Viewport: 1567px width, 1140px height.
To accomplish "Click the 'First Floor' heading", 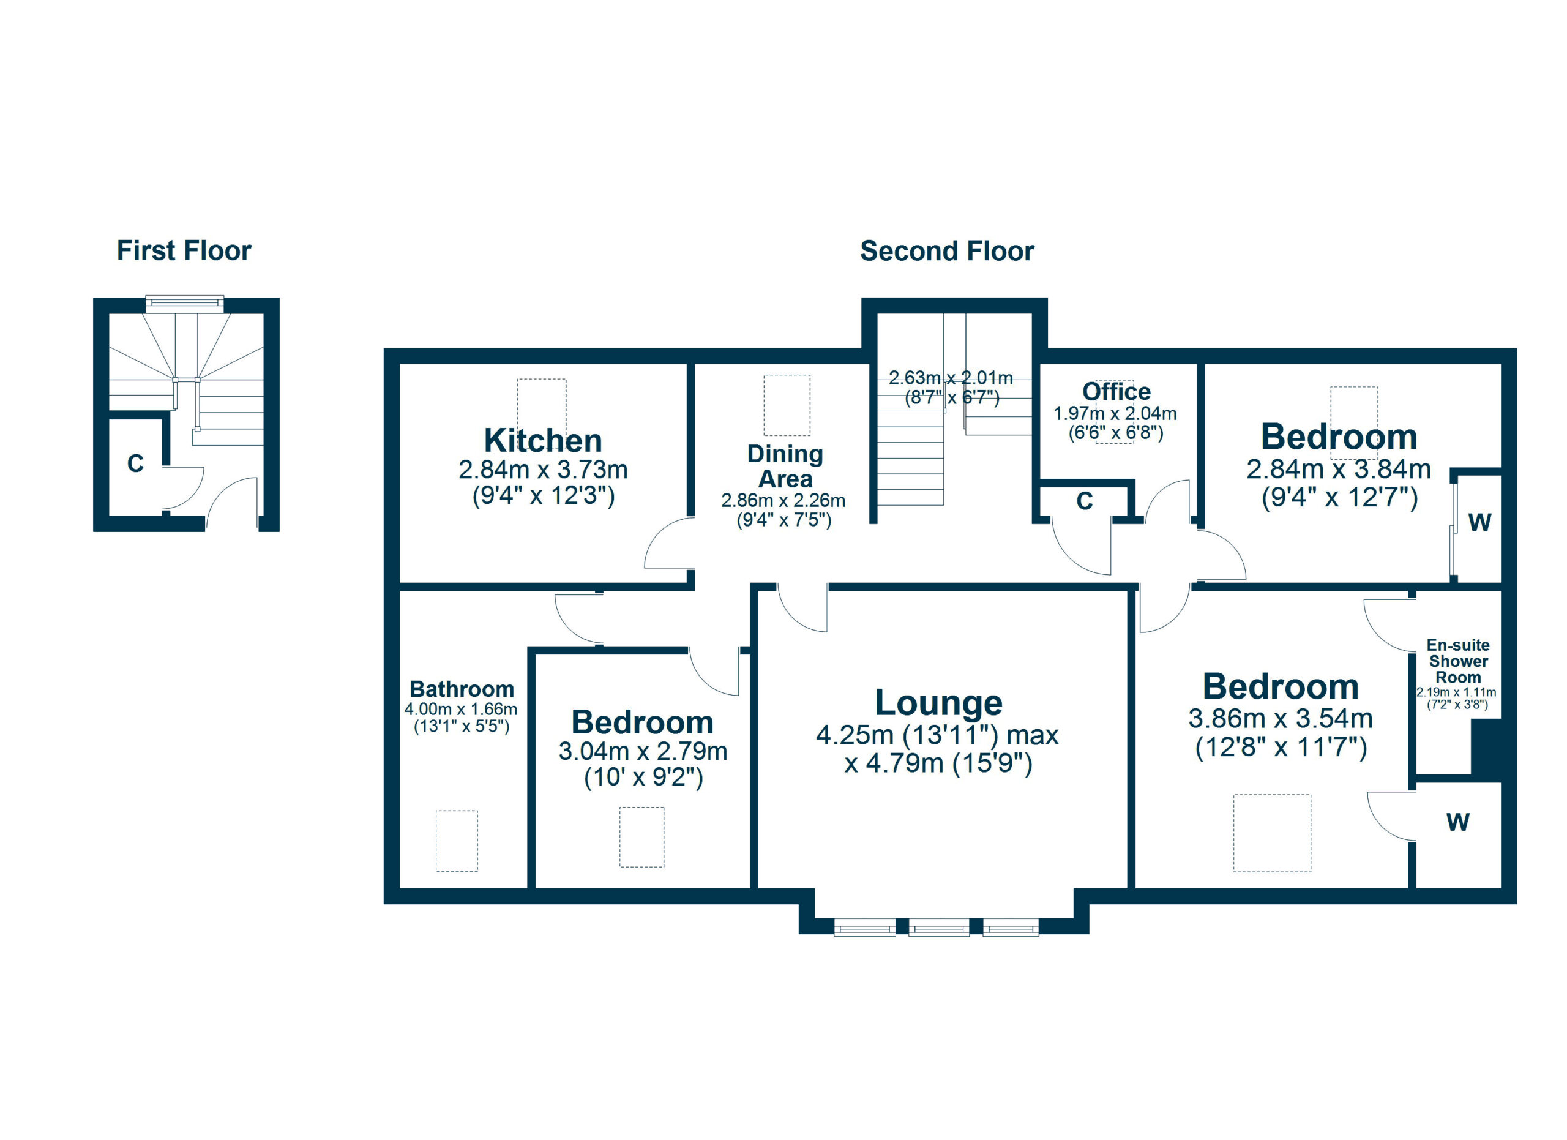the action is click(x=184, y=251).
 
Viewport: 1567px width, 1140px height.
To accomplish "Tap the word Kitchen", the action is click(x=543, y=440).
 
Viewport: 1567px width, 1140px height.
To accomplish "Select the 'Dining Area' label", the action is click(x=785, y=467).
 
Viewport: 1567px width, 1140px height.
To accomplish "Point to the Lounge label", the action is click(x=938, y=703).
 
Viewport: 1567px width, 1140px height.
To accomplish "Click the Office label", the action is click(x=1116, y=392).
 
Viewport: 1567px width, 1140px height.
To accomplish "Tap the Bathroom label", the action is click(x=462, y=689).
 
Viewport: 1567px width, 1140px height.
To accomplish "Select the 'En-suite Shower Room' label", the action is click(x=1458, y=661).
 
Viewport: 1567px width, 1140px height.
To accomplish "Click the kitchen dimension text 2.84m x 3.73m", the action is click(x=543, y=470).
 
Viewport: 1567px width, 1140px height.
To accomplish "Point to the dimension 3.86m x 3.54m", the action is click(x=1281, y=719).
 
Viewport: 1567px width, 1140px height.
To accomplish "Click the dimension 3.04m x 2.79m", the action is click(x=643, y=751).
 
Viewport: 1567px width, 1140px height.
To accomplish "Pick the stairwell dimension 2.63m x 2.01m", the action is click(x=951, y=378).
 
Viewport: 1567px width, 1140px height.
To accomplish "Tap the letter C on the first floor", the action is click(x=135, y=463).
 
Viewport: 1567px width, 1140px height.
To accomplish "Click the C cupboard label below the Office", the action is click(x=1085, y=501).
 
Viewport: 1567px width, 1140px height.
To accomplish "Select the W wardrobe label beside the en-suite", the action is click(x=1458, y=822).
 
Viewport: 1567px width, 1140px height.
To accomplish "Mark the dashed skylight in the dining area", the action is click(x=787, y=405).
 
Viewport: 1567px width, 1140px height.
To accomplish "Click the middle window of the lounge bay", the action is click(x=939, y=927).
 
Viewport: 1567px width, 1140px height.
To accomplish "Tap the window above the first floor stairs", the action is click(x=184, y=302).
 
